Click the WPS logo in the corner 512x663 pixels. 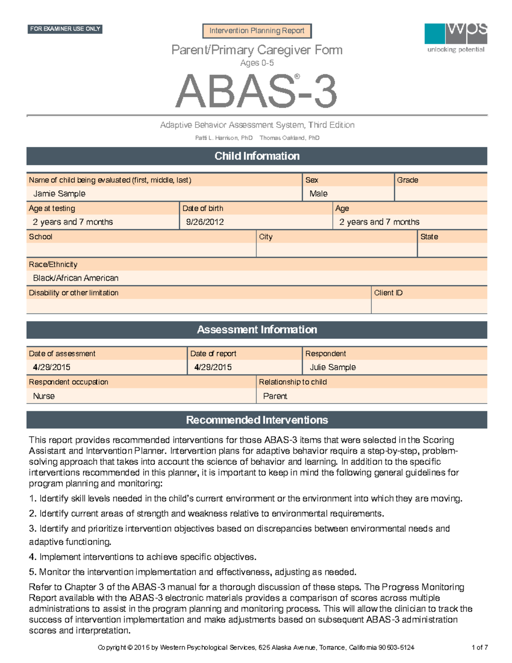pyautogui.click(x=456, y=38)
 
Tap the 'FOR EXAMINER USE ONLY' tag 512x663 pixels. pyautogui.click(x=65, y=29)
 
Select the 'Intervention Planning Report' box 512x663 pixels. pyautogui.click(x=257, y=31)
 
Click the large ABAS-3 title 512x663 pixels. pyautogui.click(x=256, y=91)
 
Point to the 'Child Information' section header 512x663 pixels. pyautogui.click(x=257, y=156)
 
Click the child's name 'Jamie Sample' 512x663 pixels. pyautogui.click(x=59, y=194)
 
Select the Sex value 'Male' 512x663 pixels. pyautogui.click(x=318, y=194)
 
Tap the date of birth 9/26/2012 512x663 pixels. pyautogui.click(x=205, y=222)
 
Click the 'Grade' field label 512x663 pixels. pyautogui.click(x=407, y=180)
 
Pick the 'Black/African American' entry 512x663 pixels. pyautogui.click(x=76, y=278)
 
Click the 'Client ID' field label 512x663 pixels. pyautogui.click(x=388, y=293)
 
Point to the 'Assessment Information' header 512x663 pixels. pyautogui.click(x=257, y=330)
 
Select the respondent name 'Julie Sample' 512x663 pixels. pyautogui.click(x=332, y=367)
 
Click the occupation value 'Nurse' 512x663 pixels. pyautogui.click(x=44, y=396)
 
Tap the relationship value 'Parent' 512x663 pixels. pyautogui.click(x=275, y=396)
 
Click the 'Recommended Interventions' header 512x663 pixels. pyautogui.click(x=257, y=420)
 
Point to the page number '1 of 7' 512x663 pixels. pyautogui.click(x=480, y=647)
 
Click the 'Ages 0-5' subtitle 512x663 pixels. pyautogui.click(x=257, y=63)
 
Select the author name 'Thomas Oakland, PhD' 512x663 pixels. pyautogui.click(x=289, y=138)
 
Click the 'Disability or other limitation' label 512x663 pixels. pyautogui.click(x=74, y=293)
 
